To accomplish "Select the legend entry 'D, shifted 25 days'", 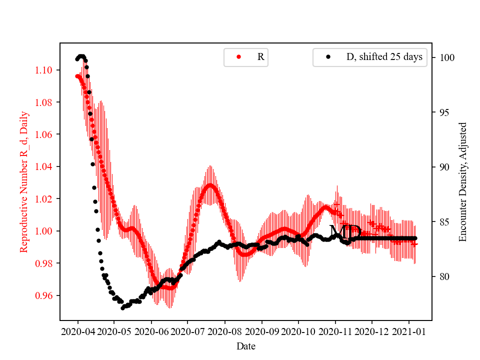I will pos(369,57).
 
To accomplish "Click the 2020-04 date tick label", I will pos(77,331).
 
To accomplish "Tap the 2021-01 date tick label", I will pos(408,331).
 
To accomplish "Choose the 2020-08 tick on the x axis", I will pos(224,331).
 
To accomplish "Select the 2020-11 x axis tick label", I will pos(335,331).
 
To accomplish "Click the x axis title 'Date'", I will pos(245,345).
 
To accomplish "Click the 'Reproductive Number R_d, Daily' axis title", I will pos(23,181).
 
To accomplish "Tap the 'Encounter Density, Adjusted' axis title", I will pos(462,181).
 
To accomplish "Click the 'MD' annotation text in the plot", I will pos(344,231).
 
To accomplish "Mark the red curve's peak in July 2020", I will pos(210,185).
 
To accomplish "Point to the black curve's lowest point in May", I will pos(122,307).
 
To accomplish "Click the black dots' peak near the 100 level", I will pos(81,56).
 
